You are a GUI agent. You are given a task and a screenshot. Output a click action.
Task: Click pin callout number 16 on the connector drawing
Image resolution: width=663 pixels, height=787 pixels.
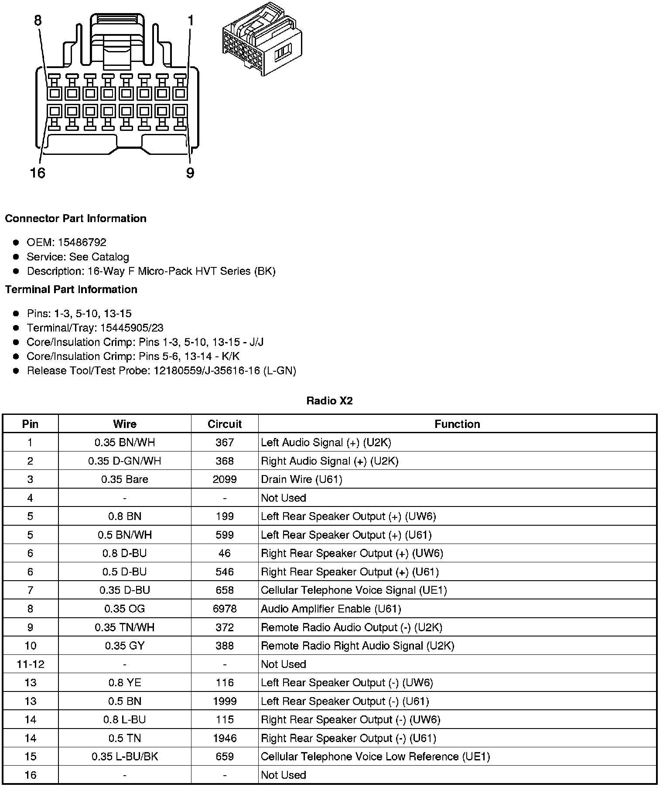click(38, 173)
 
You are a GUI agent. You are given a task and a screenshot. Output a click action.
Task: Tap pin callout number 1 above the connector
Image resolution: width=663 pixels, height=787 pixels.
click(191, 21)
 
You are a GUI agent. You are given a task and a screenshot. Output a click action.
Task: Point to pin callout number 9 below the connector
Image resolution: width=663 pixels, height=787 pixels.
click(190, 173)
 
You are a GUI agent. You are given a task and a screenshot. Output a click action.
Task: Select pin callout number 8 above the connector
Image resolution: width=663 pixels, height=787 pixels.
click(38, 21)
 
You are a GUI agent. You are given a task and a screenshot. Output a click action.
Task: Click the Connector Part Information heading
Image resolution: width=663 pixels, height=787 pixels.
click(75, 219)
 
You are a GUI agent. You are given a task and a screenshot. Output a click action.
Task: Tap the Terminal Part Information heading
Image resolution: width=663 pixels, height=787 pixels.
click(71, 290)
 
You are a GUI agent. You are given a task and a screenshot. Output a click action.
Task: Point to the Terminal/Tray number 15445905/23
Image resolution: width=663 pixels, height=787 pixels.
click(132, 328)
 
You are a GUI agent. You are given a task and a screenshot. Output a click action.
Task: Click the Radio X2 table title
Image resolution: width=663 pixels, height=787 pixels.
click(329, 401)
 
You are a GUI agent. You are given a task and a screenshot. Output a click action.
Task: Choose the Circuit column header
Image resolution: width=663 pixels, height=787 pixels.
click(225, 424)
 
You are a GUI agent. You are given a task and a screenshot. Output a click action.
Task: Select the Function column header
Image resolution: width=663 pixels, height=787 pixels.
click(457, 424)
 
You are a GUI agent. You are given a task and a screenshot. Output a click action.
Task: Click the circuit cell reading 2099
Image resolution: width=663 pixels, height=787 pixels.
click(225, 479)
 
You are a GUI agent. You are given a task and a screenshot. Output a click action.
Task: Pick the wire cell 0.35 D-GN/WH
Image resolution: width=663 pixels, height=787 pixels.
click(125, 461)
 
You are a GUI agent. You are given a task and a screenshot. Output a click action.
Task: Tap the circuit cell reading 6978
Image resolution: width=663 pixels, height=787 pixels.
click(225, 609)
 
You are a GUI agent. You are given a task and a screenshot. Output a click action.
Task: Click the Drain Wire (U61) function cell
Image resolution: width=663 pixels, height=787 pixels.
click(301, 479)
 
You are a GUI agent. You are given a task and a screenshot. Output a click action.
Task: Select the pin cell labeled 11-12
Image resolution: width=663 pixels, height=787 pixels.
click(31, 664)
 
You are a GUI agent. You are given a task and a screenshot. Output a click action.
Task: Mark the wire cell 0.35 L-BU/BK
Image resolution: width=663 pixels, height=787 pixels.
click(125, 756)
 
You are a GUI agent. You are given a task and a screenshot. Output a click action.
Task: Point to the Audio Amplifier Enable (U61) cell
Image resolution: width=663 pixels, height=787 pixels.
click(331, 609)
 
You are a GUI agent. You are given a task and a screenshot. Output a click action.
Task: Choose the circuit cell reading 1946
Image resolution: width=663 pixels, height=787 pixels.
click(225, 738)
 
